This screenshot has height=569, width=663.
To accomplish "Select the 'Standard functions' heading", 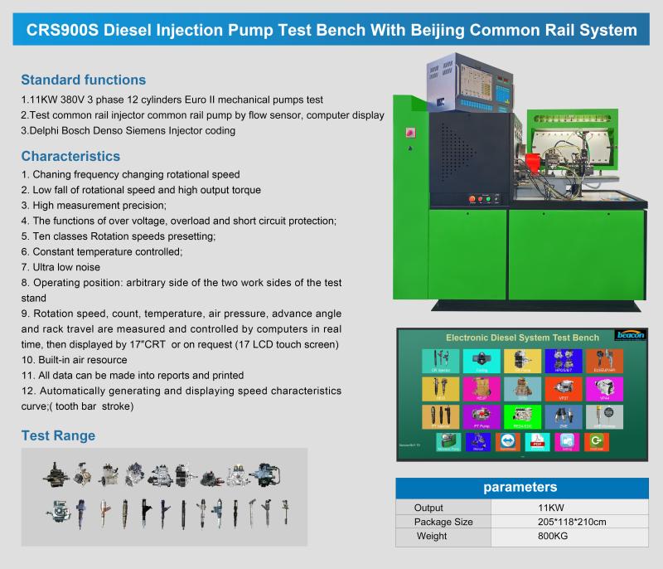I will point(83,80).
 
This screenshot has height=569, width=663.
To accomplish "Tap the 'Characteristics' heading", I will point(70,156).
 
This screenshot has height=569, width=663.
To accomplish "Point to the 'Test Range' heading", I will point(58,435).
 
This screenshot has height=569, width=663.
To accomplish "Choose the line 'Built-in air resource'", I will point(80,360).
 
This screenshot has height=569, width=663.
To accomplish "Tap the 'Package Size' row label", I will point(443,522).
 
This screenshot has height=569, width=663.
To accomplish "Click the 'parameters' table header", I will point(520,487).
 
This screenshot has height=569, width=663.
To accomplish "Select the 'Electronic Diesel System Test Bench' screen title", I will point(522,338).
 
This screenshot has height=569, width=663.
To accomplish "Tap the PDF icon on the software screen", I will point(537,441).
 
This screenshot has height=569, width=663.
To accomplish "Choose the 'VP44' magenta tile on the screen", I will point(604,387).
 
